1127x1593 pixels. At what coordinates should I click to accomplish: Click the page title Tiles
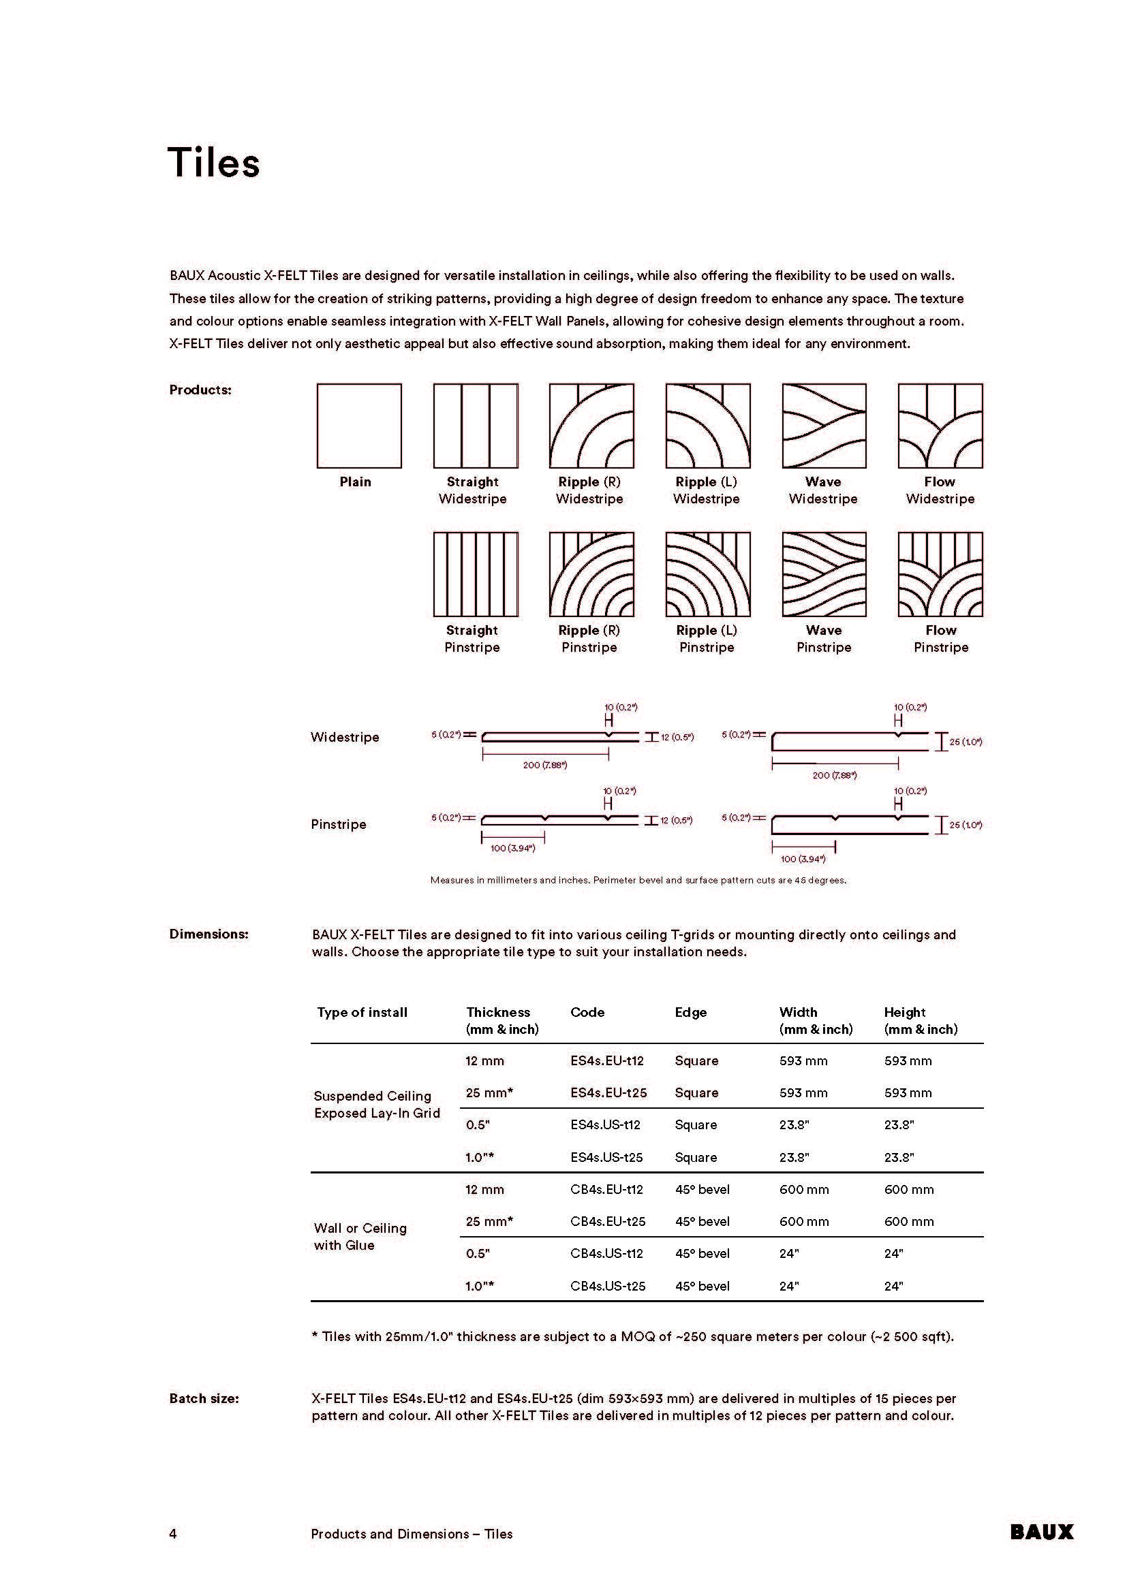214,163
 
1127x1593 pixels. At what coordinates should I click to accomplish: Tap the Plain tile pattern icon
359,425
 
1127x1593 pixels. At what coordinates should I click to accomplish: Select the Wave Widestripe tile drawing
824,425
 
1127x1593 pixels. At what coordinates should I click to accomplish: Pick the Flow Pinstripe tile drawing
940,575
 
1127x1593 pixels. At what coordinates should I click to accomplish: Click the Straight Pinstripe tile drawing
476,575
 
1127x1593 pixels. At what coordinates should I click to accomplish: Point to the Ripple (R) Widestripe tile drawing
591,425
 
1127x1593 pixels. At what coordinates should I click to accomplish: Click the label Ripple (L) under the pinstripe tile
707,630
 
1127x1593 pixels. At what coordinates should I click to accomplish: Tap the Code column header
587,1012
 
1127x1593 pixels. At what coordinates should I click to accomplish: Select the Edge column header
690,1012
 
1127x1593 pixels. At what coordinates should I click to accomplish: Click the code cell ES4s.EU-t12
607,1061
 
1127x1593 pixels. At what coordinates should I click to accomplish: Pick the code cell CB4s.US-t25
608,1286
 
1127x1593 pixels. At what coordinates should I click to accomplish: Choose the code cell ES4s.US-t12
605,1124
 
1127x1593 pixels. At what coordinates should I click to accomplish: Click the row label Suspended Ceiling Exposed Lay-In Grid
377,1105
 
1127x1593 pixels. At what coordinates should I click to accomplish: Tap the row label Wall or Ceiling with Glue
360,1236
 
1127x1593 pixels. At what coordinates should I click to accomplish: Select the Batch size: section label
204,1398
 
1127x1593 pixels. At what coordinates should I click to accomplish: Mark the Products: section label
200,390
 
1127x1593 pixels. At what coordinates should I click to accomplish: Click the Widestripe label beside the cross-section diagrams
345,737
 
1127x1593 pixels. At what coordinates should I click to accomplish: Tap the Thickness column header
498,1012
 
